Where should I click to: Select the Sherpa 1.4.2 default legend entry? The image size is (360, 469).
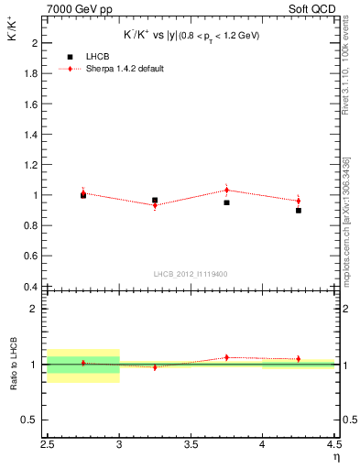tap(125, 69)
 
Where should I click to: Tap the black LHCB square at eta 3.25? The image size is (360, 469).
tap(155, 200)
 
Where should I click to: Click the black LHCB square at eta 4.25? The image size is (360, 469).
tap(299, 211)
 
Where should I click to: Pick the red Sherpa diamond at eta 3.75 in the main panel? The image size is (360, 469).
tap(226, 191)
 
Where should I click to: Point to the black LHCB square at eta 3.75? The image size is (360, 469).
tap(226, 202)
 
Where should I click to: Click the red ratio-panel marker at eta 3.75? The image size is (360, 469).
tap(226, 357)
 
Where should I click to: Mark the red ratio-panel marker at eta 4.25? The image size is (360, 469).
tap(299, 359)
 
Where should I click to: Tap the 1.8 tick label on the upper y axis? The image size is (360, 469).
tap(29, 73)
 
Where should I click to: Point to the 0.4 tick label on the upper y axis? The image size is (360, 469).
tap(29, 286)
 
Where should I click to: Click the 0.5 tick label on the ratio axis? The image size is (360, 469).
tap(29, 420)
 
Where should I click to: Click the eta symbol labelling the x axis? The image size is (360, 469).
tap(336, 456)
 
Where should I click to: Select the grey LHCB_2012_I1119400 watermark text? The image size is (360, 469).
tap(191, 274)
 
